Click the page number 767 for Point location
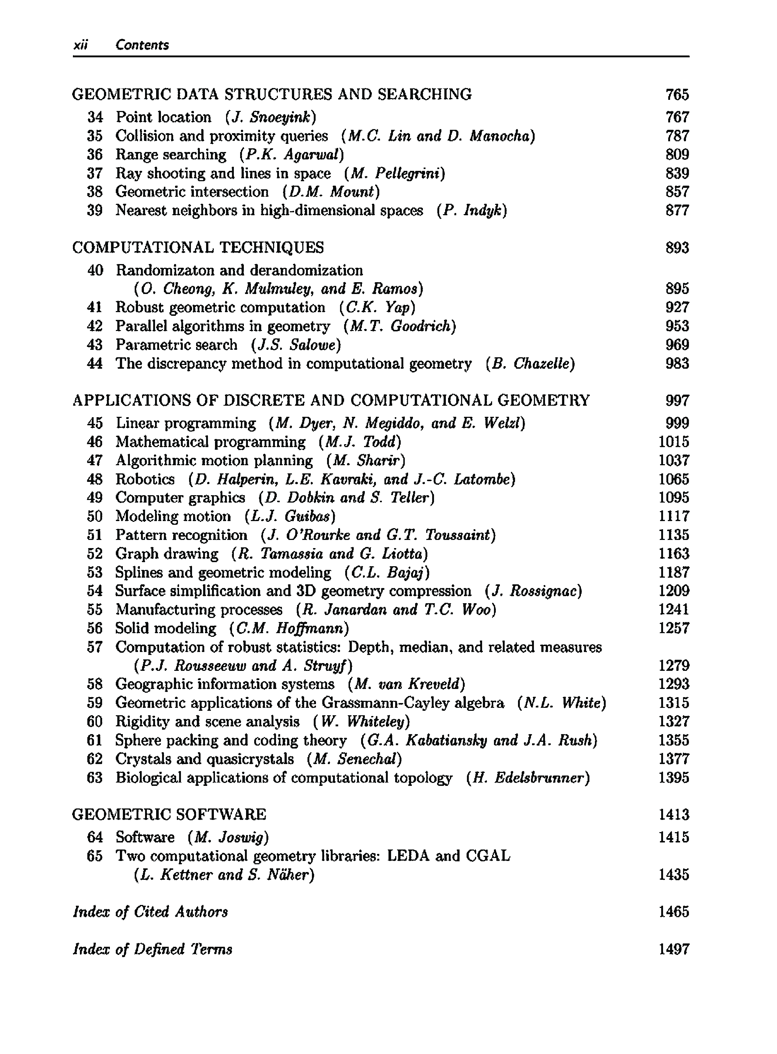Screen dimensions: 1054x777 (x=677, y=117)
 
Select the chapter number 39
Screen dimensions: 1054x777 (x=95, y=210)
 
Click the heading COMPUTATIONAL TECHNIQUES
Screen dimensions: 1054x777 (x=198, y=247)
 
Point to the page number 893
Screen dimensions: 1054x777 (x=677, y=247)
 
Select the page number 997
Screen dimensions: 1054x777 (x=677, y=401)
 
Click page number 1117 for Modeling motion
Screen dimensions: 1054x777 (x=674, y=516)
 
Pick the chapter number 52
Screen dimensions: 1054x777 (x=95, y=554)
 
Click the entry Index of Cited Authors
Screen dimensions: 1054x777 (x=151, y=912)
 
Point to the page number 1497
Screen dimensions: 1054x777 (x=674, y=949)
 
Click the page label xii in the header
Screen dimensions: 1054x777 (x=81, y=45)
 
